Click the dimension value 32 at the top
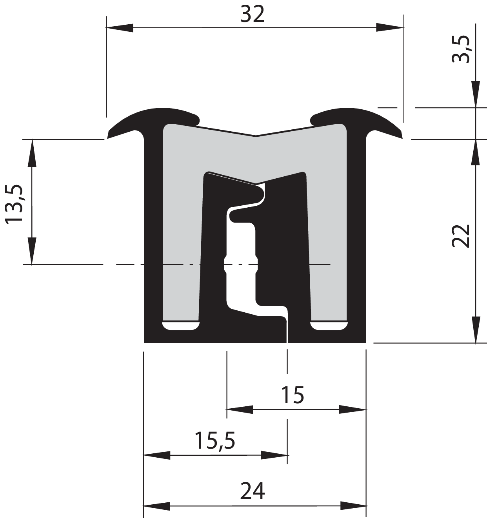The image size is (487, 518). pyautogui.click(x=252, y=14)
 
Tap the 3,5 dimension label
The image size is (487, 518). pyautogui.click(x=461, y=49)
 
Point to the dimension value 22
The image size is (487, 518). pyautogui.click(x=461, y=235)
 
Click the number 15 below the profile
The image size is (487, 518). pyautogui.click(x=293, y=395)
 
